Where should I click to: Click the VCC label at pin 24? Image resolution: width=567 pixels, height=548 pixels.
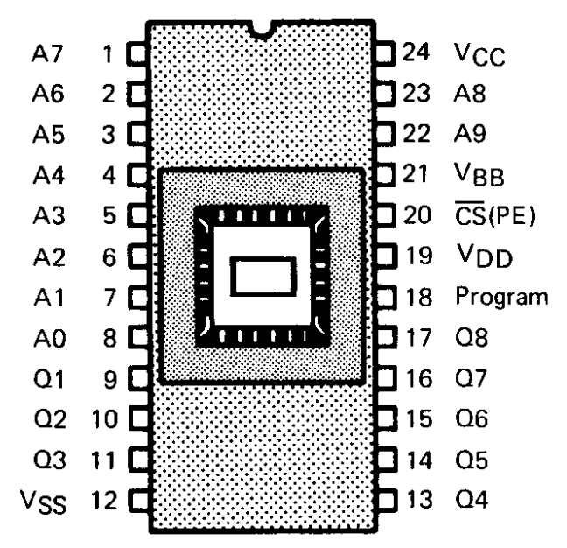(x=480, y=54)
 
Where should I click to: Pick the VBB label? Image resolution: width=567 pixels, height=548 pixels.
(x=480, y=176)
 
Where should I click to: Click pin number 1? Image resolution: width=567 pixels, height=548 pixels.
(x=108, y=53)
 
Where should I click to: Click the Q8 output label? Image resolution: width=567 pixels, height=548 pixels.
(x=470, y=338)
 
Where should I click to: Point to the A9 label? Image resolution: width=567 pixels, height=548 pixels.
(x=470, y=135)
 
